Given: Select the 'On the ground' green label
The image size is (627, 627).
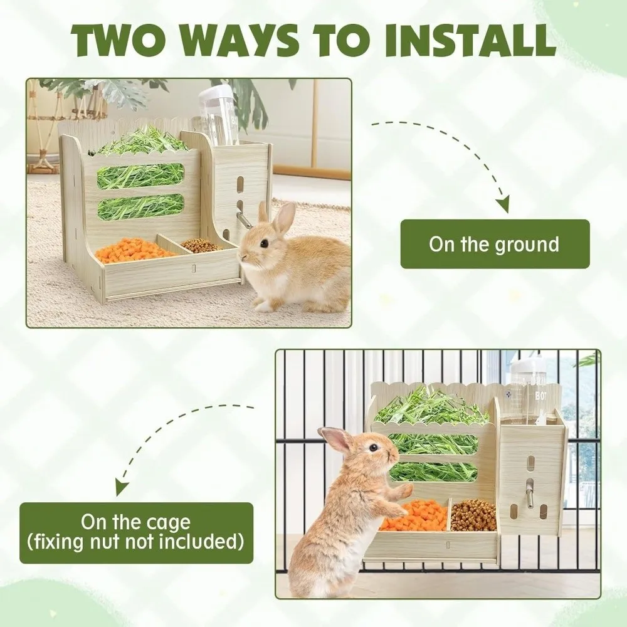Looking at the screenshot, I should pyautogui.click(x=495, y=244).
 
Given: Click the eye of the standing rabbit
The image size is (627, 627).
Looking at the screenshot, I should pyautogui.click(x=374, y=447).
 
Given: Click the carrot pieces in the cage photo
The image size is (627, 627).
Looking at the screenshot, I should pyautogui.click(x=413, y=515).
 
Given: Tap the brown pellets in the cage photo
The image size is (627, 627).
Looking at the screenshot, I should pyautogui.click(x=473, y=514).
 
